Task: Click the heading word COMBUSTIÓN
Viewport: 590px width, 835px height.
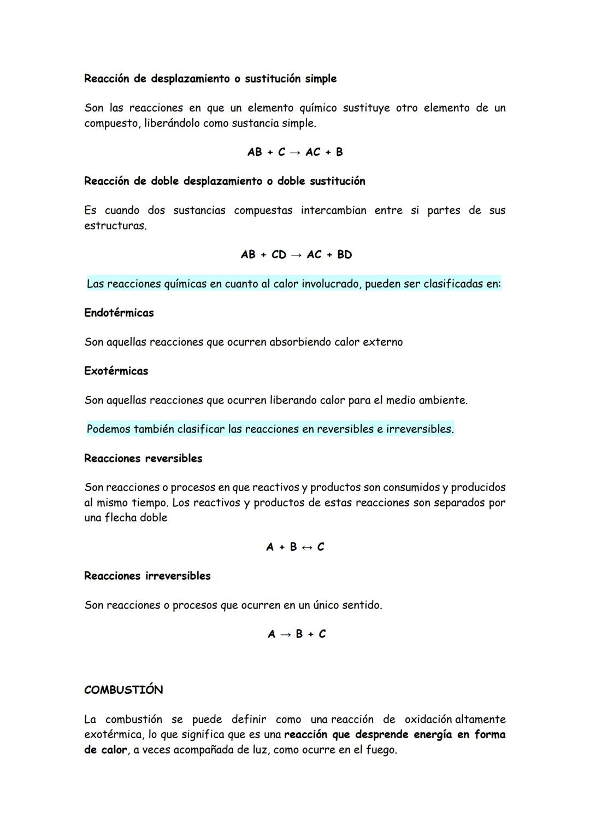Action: (123, 690)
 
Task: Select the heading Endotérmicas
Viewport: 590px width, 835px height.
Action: (119, 313)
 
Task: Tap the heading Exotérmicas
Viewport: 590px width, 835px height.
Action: (116, 371)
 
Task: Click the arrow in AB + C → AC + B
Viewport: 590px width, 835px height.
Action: (295, 153)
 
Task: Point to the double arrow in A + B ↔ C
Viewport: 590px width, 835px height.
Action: (306, 547)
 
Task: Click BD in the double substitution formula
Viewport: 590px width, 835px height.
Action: (345, 255)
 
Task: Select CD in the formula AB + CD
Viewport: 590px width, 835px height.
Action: (279, 255)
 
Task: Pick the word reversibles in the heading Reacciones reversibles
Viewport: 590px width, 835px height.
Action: (174, 458)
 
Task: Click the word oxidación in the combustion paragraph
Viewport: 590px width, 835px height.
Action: (428, 719)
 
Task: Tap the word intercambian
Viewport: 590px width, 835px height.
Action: (333, 211)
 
